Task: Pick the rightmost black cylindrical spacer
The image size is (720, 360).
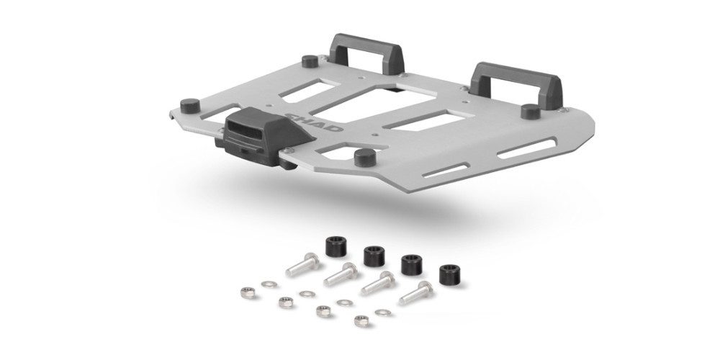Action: pos(449,276)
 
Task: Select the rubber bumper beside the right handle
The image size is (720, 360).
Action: pos(531,110)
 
